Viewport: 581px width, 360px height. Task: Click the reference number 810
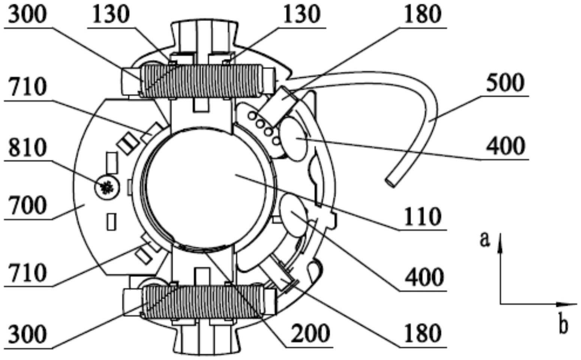28,148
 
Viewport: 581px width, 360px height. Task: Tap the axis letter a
485,239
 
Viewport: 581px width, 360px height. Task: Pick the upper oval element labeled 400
293,139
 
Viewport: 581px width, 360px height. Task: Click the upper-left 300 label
28,15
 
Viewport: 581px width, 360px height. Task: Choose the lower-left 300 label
28,334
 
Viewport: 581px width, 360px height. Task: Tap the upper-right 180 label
422,15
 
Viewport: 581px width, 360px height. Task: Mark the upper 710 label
28,87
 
